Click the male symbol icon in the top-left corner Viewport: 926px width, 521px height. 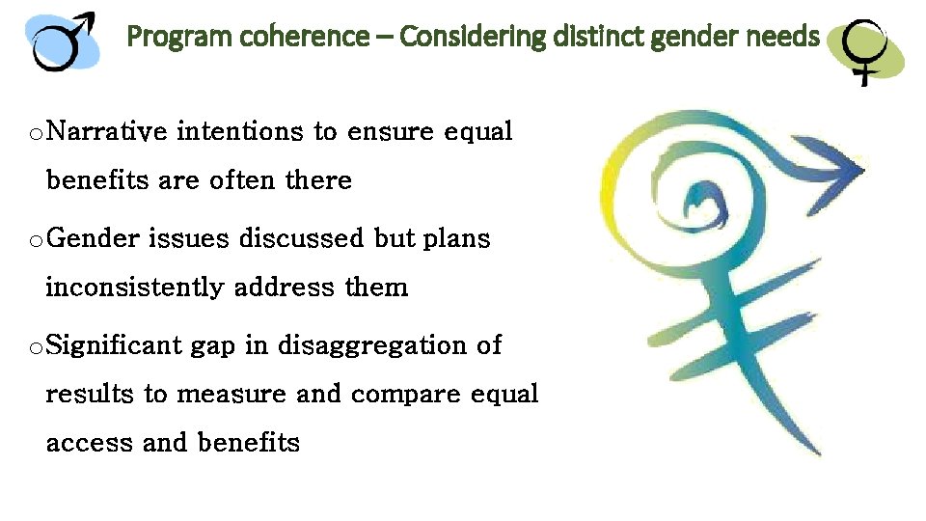tap(65, 41)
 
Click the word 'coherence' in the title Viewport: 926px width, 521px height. tap(308, 38)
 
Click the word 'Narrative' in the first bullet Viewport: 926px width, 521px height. tap(107, 131)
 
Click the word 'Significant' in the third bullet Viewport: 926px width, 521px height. tap(113, 344)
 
